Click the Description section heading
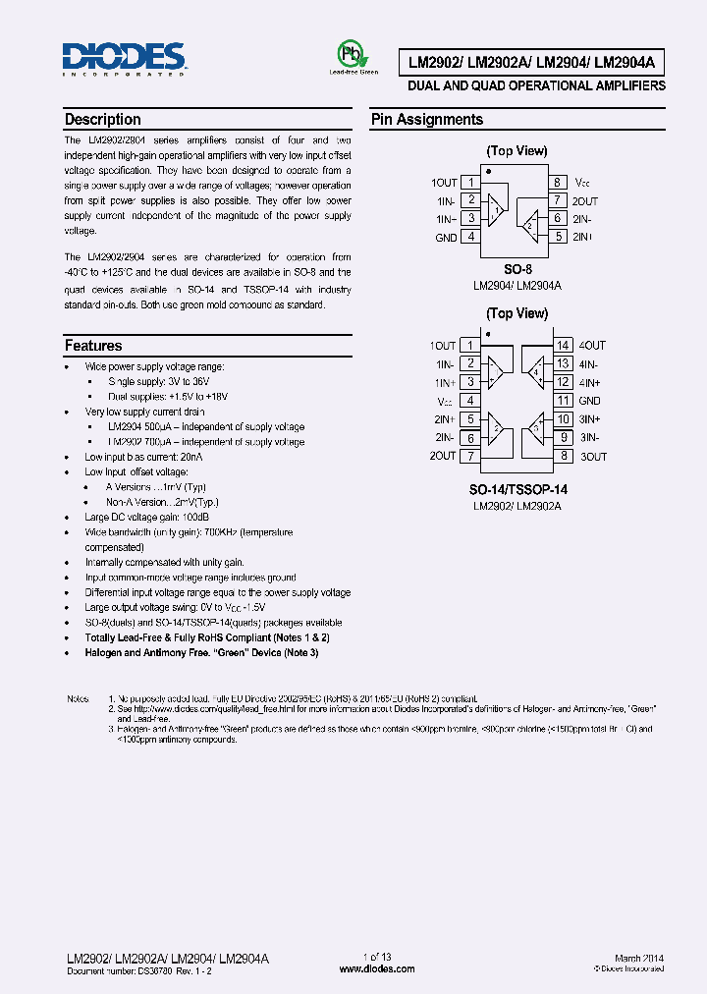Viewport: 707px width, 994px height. point(102,120)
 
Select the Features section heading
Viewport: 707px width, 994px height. point(93,346)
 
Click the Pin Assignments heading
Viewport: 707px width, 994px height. point(426,120)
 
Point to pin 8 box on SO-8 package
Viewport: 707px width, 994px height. point(557,183)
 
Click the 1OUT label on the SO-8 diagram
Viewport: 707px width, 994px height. point(444,183)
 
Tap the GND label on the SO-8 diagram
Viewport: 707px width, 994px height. point(446,237)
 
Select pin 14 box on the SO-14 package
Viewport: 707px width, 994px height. point(563,345)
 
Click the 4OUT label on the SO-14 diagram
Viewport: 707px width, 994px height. point(592,345)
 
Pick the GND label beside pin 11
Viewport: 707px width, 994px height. point(589,401)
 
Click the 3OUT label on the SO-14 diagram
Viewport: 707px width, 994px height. point(593,457)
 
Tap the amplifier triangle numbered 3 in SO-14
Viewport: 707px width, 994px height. point(536,427)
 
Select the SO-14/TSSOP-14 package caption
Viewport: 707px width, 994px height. point(517,489)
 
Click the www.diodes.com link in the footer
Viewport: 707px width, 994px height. point(377,968)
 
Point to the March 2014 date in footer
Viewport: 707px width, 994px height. point(639,958)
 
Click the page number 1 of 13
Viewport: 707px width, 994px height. point(377,958)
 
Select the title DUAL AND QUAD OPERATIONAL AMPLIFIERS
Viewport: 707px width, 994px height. point(536,86)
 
